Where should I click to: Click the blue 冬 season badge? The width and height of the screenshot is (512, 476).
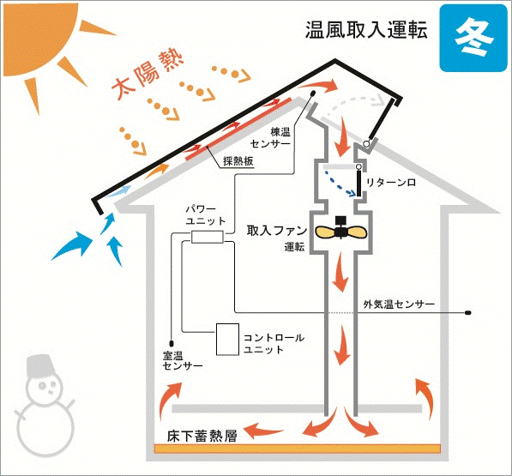pyautogui.click(x=473, y=38)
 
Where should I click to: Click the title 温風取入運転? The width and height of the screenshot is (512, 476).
pyautogui.click(x=366, y=30)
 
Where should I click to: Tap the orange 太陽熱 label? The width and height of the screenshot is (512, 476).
pyautogui.click(x=147, y=74)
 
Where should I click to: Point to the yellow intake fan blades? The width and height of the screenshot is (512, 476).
pyautogui.click(x=340, y=232)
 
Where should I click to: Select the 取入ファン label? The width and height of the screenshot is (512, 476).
pyautogui.click(x=276, y=231)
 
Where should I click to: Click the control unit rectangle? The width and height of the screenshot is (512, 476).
pyautogui.click(x=227, y=340)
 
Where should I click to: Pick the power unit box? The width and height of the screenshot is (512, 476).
pyautogui.click(x=208, y=237)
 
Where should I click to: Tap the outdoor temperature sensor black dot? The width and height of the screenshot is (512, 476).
pyautogui.click(x=467, y=313)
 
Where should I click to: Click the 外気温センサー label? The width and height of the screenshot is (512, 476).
pyautogui.click(x=399, y=304)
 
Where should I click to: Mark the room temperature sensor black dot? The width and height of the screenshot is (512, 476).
pyautogui.click(x=172, y=343)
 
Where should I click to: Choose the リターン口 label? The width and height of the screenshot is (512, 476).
pyautogui.click(x=391, y=183)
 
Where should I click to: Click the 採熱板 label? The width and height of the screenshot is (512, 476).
pyautogui.click(x=238, y=161)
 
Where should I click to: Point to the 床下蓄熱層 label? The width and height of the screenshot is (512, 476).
pyautogui.click(x=202, y=437)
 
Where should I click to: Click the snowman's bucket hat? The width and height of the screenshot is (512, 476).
pyautogui.click(x=40, y=366)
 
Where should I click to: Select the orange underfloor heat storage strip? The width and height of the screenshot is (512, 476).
pyautogui.click(x=297, y=449)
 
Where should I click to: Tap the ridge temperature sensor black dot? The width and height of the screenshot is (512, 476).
pyautogui.click(x=312, y=93)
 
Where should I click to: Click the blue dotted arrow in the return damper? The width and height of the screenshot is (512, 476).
pyautogui.click(x=340, y=184)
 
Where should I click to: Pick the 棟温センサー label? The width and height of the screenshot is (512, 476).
pyautogui.click(x=270, y=138)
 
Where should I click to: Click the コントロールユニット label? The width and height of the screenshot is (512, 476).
pyautogui.click(x=274, y=343)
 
